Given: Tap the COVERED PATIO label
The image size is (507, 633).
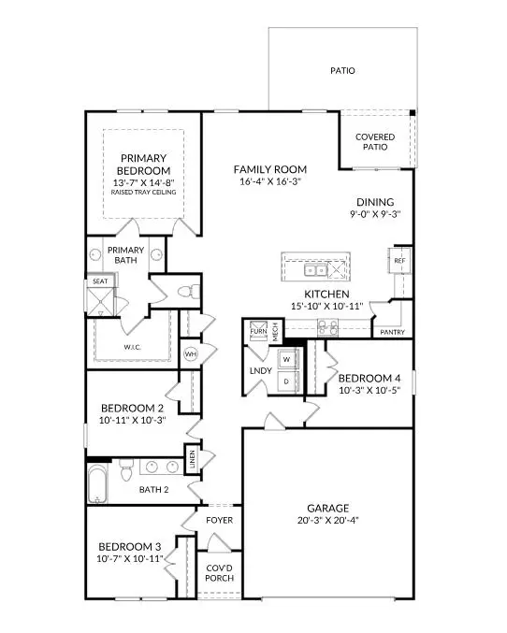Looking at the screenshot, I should click(374, 142).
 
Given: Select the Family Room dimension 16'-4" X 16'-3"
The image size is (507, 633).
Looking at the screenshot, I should click(269, 183).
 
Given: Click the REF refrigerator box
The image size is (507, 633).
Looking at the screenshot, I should click(398, 261).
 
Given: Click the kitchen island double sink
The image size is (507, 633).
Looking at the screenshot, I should click(314, 271).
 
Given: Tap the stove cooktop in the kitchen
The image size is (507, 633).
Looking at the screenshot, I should click(328, 327).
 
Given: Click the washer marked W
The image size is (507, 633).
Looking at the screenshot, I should click(287, 359).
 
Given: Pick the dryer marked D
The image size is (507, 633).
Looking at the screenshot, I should click(287, 381).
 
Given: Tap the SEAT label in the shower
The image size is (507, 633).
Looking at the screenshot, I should click(99, 281).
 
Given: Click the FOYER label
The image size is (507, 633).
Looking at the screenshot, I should click(219, 520).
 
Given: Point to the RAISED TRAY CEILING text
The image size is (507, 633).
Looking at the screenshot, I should click(143, 193).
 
